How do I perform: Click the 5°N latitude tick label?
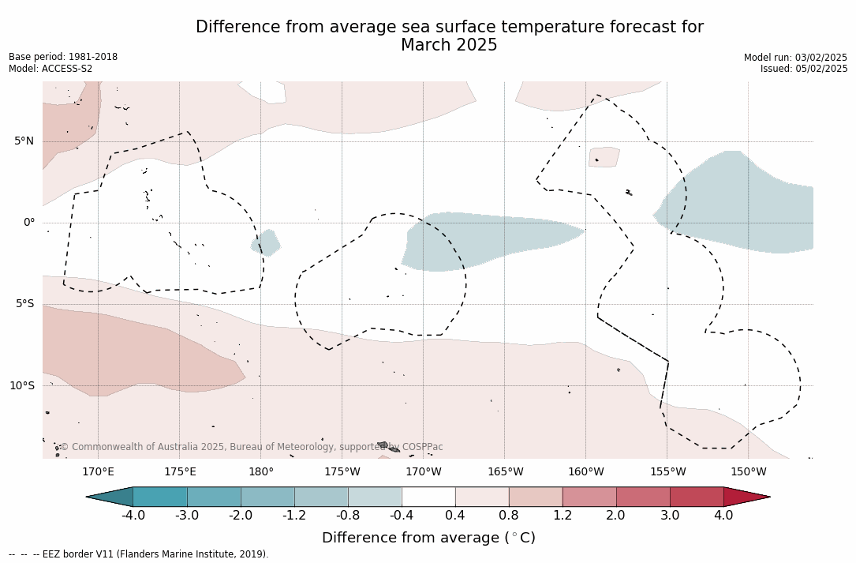(x=24, y=141)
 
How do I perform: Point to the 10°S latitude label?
(x=21, y=386)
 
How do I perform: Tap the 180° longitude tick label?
(x=260, y=472)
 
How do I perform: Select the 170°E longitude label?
(x=98, y=472)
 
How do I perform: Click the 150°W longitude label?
(x=748, y=472)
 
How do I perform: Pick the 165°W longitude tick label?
(x=505, y=472)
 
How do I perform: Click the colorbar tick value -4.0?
(x=133, y=516)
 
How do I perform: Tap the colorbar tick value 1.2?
(x=563, y=516)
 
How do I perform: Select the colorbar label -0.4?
(x=402, y=516)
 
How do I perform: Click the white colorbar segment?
(x=428, y=497)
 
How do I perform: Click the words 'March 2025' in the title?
(x=449, y=46)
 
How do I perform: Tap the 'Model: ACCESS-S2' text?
(x=50, y=69)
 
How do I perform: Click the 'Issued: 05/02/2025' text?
(x=803, y=69)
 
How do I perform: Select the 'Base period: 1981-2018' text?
(x=63, y=57)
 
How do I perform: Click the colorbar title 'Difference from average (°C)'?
(x=428, y=538)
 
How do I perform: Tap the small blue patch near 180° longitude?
(x=266, y=242)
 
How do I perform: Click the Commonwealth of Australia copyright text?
(x=252, y=447)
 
